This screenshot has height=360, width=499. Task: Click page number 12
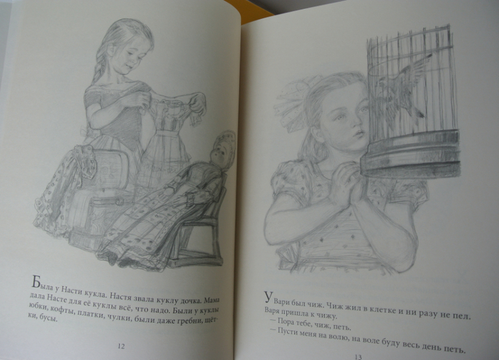tap(121, 346)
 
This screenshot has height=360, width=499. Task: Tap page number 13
tap(358, 357)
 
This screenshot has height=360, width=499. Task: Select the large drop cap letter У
tap(268, 297)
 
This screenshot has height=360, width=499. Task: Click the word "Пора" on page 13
tap(286, 321)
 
